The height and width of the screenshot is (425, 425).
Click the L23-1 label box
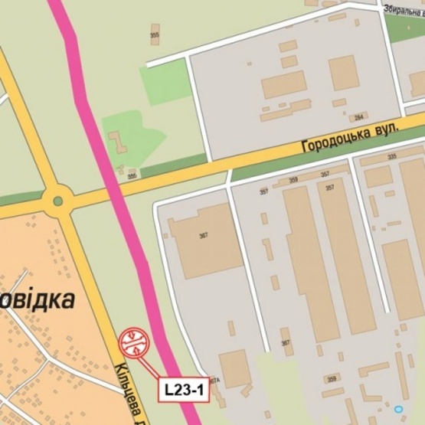tap(184, 389)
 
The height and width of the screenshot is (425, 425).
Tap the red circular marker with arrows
tap(134, 342)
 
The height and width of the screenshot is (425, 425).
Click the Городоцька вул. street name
tap(350, 138)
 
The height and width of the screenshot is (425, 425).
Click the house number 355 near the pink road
tap(155, 35)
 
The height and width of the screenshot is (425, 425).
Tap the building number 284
tap(358, 117)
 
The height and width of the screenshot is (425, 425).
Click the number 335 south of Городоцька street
tap(393, 157)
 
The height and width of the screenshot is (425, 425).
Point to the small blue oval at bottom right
tap(397, 410)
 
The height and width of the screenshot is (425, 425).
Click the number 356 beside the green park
tap(132, 175)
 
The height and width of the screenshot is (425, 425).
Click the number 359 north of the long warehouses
tap(293, 181)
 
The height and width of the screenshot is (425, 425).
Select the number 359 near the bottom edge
tap(331, 378)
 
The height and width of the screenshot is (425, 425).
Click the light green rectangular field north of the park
tap(164, 81)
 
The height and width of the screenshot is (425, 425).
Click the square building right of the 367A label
tap(234, 368)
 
